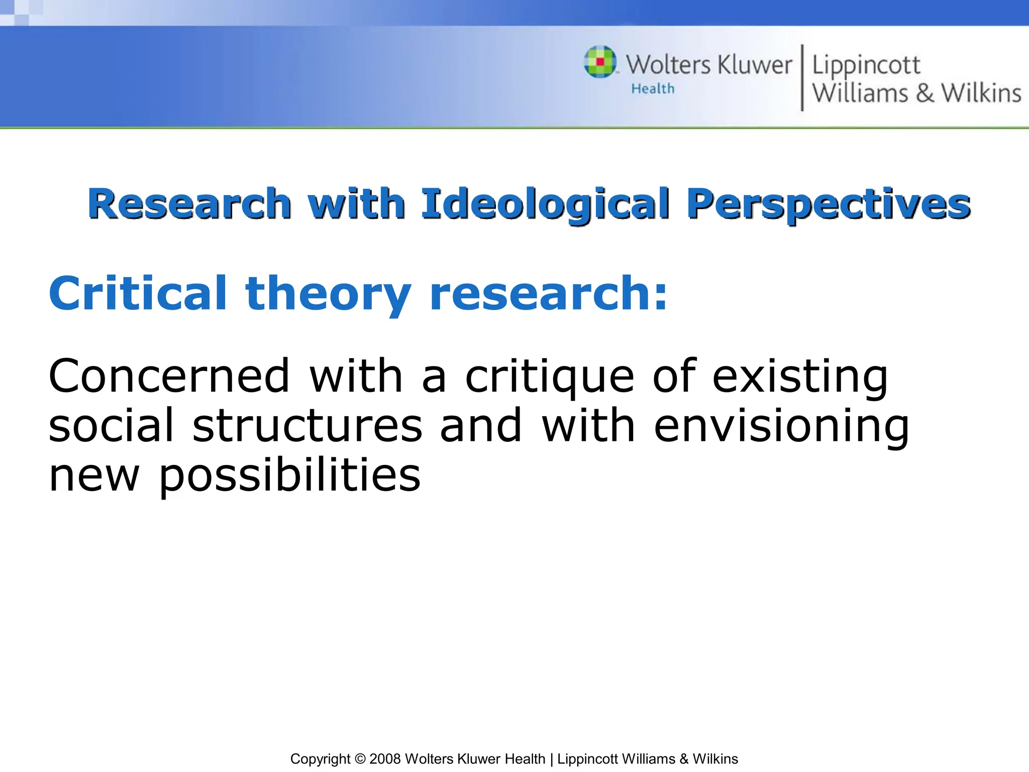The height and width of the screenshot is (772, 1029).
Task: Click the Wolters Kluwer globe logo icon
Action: [600, 62]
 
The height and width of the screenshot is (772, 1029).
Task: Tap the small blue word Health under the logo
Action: [653, 89]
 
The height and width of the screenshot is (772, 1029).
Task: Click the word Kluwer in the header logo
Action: [755, 65]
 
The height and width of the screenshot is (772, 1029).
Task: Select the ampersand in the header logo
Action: [924, 93]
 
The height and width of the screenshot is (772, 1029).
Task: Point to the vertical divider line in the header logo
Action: [802, 77]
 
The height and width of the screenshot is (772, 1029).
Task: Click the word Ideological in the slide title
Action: [545, 204]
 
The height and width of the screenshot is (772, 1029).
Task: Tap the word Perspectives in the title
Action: [829, 204]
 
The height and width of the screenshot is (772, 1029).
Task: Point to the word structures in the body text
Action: [307, 426]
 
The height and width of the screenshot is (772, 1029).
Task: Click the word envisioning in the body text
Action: [781, 427]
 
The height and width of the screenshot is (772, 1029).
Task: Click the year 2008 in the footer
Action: [385, 759]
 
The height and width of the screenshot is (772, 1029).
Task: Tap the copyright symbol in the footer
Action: [360, 759]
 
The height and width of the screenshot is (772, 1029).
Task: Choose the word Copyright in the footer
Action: [320, 759]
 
